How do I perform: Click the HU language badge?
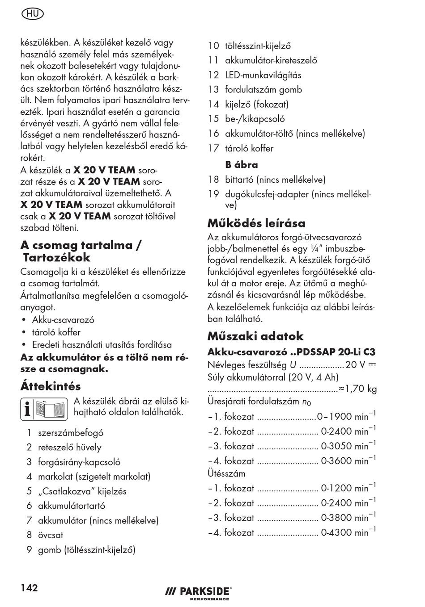[x=32, y=14]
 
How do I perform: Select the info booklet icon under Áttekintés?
[x=44, y=409]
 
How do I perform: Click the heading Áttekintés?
[x=51, y=386]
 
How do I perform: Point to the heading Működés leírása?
[x=256, y=223]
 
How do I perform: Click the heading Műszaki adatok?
[x=255, y=336]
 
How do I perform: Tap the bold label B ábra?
[x=242, y=165]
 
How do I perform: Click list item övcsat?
[x=51, y=535]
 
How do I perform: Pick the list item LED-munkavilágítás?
[x=263, y=75]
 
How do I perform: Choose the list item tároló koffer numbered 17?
[x=249, y=148]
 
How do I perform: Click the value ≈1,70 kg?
[x=358, y=389]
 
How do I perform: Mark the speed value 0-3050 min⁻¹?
[x=348, y=446]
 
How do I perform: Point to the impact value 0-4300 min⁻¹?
[x=348, y=532]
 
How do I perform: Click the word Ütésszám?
[x=226, y=473]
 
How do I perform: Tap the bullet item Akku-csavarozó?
[x=63, y=320]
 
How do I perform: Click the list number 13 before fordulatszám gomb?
[x=213, y=90]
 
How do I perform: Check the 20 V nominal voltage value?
[x=356, y=365]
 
